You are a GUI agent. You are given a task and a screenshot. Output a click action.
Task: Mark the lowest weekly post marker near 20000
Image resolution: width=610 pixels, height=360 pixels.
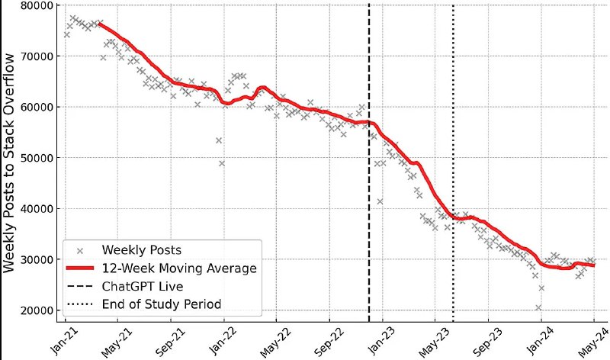(x=538, y=307)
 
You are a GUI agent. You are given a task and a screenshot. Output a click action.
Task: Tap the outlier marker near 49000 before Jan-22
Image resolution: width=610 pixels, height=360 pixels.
(x=222, y=163)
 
